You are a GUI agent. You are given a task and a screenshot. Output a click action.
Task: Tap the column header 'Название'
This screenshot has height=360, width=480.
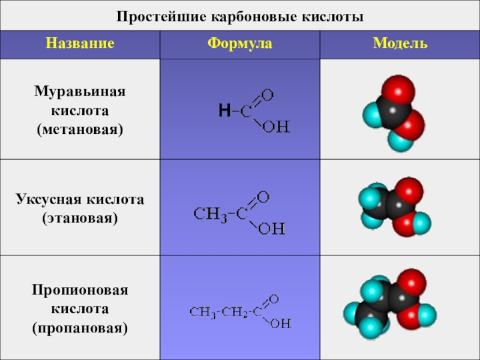80,44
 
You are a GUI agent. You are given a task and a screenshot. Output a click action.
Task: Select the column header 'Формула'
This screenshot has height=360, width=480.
240,44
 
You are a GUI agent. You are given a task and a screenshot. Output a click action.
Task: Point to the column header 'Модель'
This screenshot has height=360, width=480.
400,44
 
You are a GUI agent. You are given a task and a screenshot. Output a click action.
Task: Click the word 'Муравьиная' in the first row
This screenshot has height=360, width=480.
80,92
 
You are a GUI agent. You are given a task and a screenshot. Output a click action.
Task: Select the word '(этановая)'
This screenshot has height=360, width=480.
80,217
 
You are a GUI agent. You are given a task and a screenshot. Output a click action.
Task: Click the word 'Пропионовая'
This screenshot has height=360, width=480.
80,291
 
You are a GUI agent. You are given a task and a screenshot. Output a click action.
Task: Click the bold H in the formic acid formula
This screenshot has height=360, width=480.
224,110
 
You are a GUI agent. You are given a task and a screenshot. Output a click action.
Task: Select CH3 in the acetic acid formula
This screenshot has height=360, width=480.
210,213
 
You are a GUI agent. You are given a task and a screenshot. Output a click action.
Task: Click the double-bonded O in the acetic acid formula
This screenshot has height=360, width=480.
262,197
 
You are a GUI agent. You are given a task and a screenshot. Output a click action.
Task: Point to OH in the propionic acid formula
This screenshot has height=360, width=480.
280,324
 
